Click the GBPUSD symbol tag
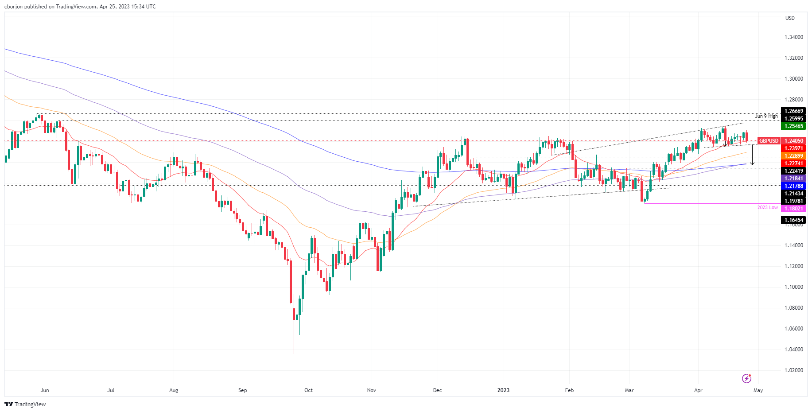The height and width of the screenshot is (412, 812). click(769, 141)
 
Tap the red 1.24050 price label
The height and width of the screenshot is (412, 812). click(793, 141)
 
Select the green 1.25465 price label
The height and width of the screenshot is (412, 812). click(793, 126)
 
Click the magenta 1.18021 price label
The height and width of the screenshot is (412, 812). click(793, 208)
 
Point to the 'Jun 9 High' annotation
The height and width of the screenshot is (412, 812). click(766, 116)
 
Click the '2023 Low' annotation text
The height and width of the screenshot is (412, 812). click(767, 207)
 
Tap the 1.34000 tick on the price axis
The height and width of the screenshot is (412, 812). click(794, 37)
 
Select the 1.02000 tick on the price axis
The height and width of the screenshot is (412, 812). click(794, 370)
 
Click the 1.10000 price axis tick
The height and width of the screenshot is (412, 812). click(794, 287)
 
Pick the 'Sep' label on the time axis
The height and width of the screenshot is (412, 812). click(242, 390)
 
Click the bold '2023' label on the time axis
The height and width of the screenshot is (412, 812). click(503, 390)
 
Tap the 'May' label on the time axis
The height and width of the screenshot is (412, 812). click(758, 390)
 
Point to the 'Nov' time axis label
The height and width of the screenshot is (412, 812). click(372, 390)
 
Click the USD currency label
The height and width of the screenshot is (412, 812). click(790, 18)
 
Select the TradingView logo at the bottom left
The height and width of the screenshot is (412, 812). click(25, 404)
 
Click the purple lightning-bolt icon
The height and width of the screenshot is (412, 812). click(746, 378)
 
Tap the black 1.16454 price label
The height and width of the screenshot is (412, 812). click(793, 220)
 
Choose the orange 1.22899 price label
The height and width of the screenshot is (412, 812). click(793, 156)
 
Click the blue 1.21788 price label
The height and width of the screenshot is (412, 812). click(793, 186)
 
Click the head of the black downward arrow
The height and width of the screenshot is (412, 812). click(752, 164)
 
